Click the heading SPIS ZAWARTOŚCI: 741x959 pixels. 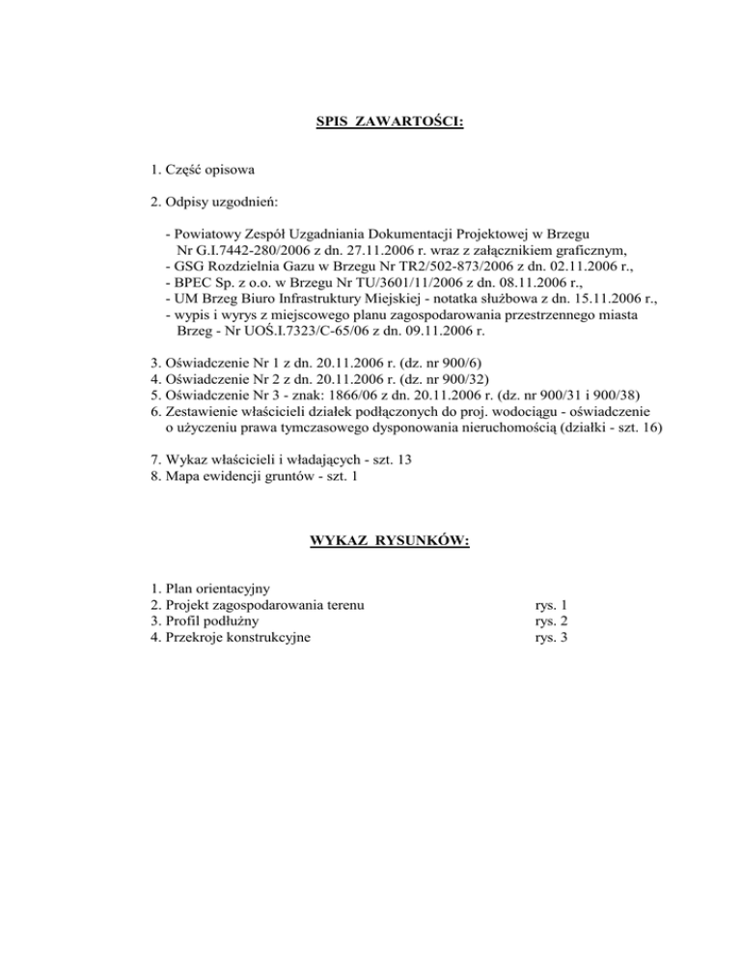coord(390,123)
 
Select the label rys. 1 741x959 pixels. coord(549,606)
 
